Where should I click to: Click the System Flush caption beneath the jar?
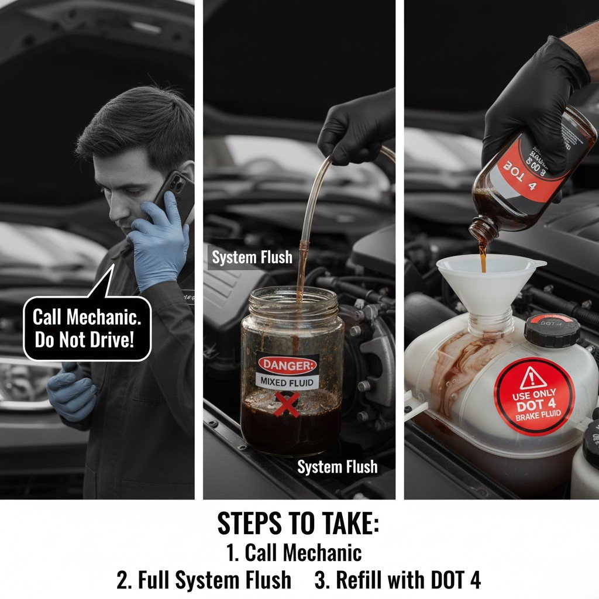point(337,467)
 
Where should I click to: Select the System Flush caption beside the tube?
point(252,257)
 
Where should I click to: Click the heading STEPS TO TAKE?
point(298,524)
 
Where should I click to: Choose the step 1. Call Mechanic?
point(293,553)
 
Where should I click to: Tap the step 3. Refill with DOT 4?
point(397,580)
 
